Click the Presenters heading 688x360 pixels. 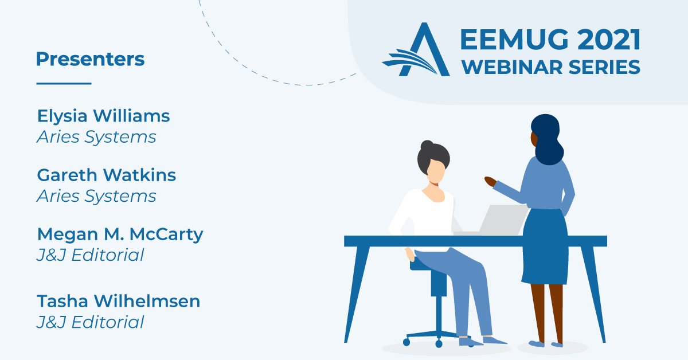tap(91, 58)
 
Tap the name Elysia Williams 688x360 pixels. tap(104, 116)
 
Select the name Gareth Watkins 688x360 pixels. tap(106, 175)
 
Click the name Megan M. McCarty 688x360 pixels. tap(120, 235)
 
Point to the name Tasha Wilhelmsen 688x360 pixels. tap(119, 301)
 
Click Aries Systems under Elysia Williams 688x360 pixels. tap(96, 137)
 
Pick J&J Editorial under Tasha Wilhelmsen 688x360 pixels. tap(91, 322)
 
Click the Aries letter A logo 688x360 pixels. tap(416, 49)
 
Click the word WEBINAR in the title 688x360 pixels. tap(513, 67)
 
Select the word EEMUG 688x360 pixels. tap(514, 40)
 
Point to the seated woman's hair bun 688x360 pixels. tap(427, 145)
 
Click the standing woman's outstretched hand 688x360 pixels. tap(490, 181)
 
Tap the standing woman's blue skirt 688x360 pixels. tap(545, 246)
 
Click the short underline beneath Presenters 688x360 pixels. tap(64, 83)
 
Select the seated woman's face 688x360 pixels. tap(436, 171)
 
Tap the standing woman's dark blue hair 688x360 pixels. tap(548, 139)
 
